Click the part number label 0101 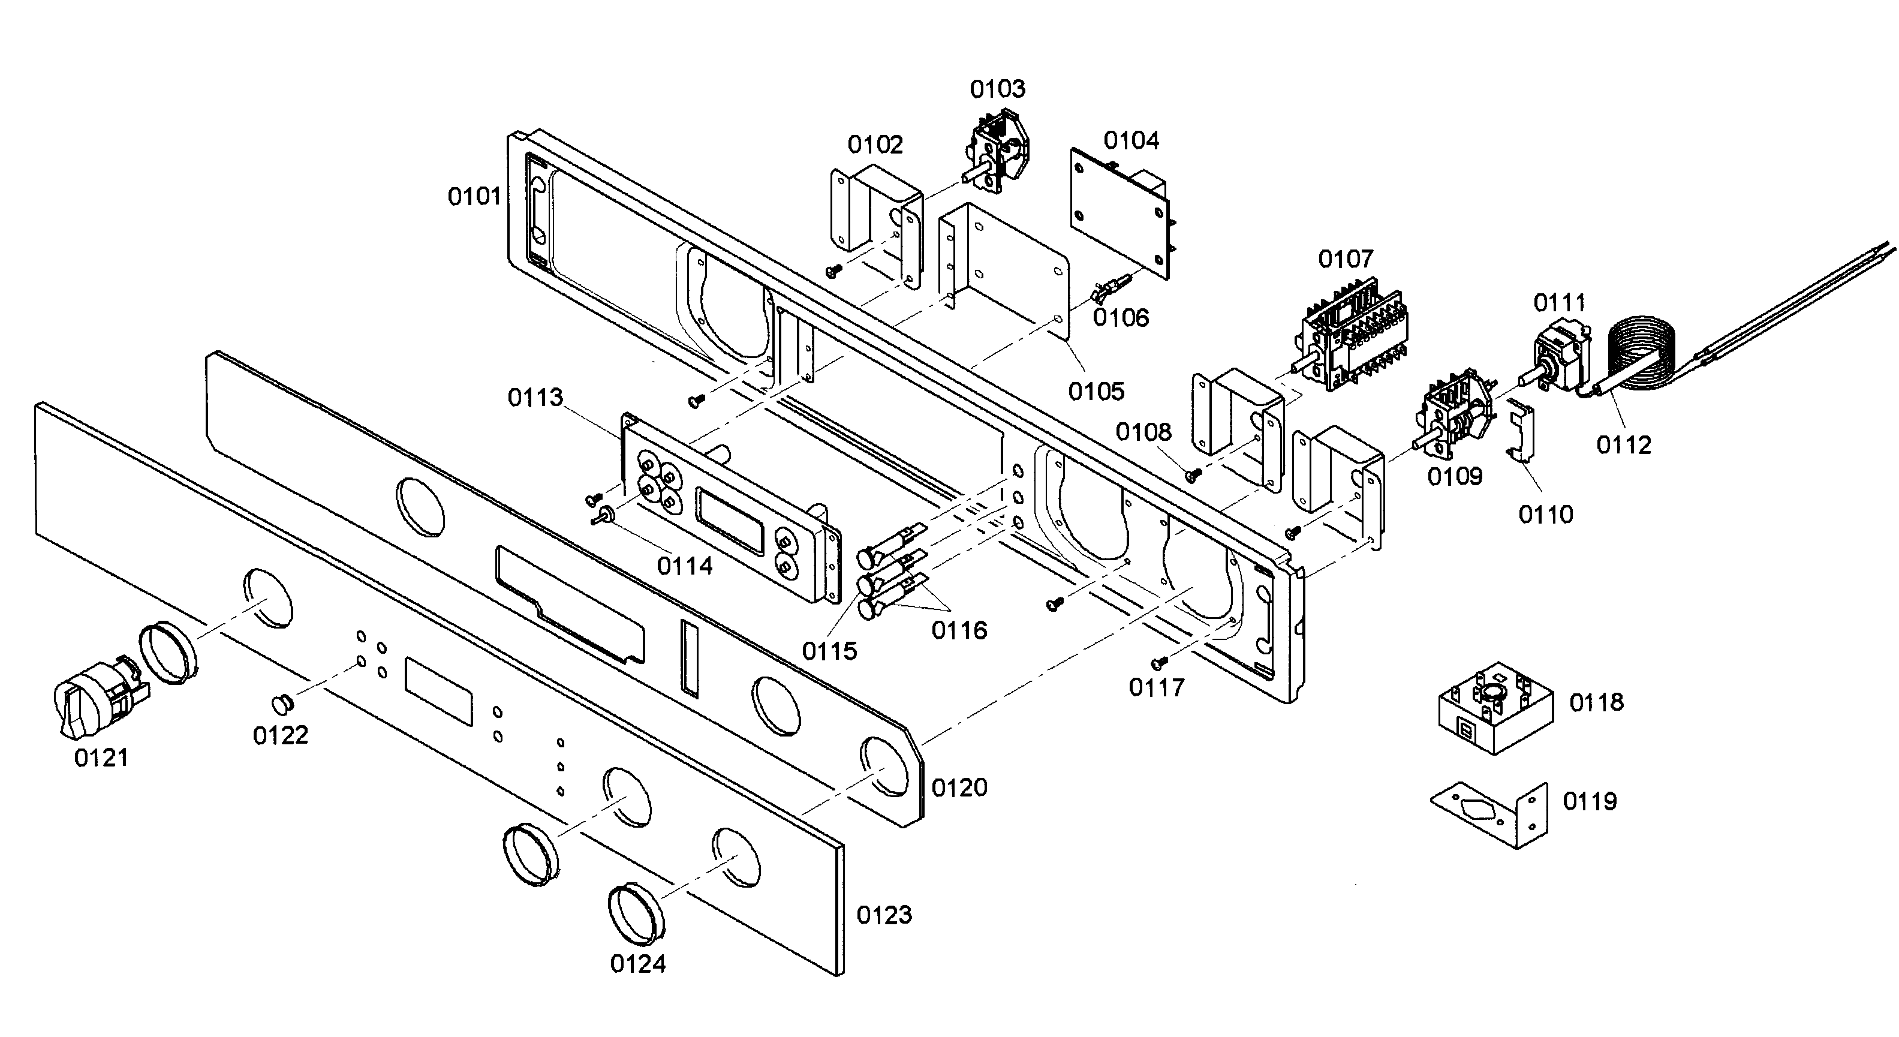click(x=474, y=197)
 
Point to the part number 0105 click(x=1096, y=392)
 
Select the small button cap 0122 click(x=282, y=704)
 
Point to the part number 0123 click(x=884, y=915)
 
